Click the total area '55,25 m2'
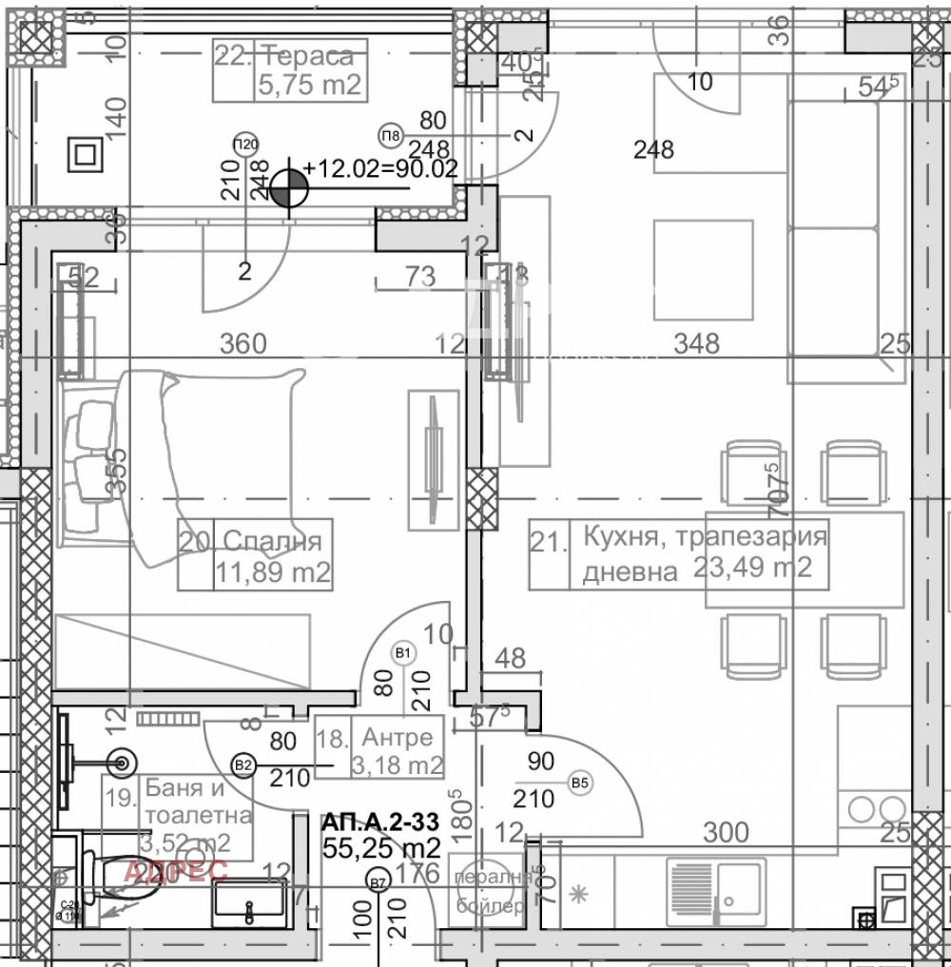pos(380,848)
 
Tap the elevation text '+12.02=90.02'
pos(380,169)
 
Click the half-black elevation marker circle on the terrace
pos(288,188)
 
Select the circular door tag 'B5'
pos(578,783)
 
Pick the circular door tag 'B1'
pos(403,652)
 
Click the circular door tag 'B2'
pos(243,764)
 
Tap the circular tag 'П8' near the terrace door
pos(390,133)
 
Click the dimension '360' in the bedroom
pos(243,343)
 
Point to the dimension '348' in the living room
pos(696,343)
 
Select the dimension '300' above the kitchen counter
pos(727,833)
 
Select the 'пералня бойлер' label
pos(490,892)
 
